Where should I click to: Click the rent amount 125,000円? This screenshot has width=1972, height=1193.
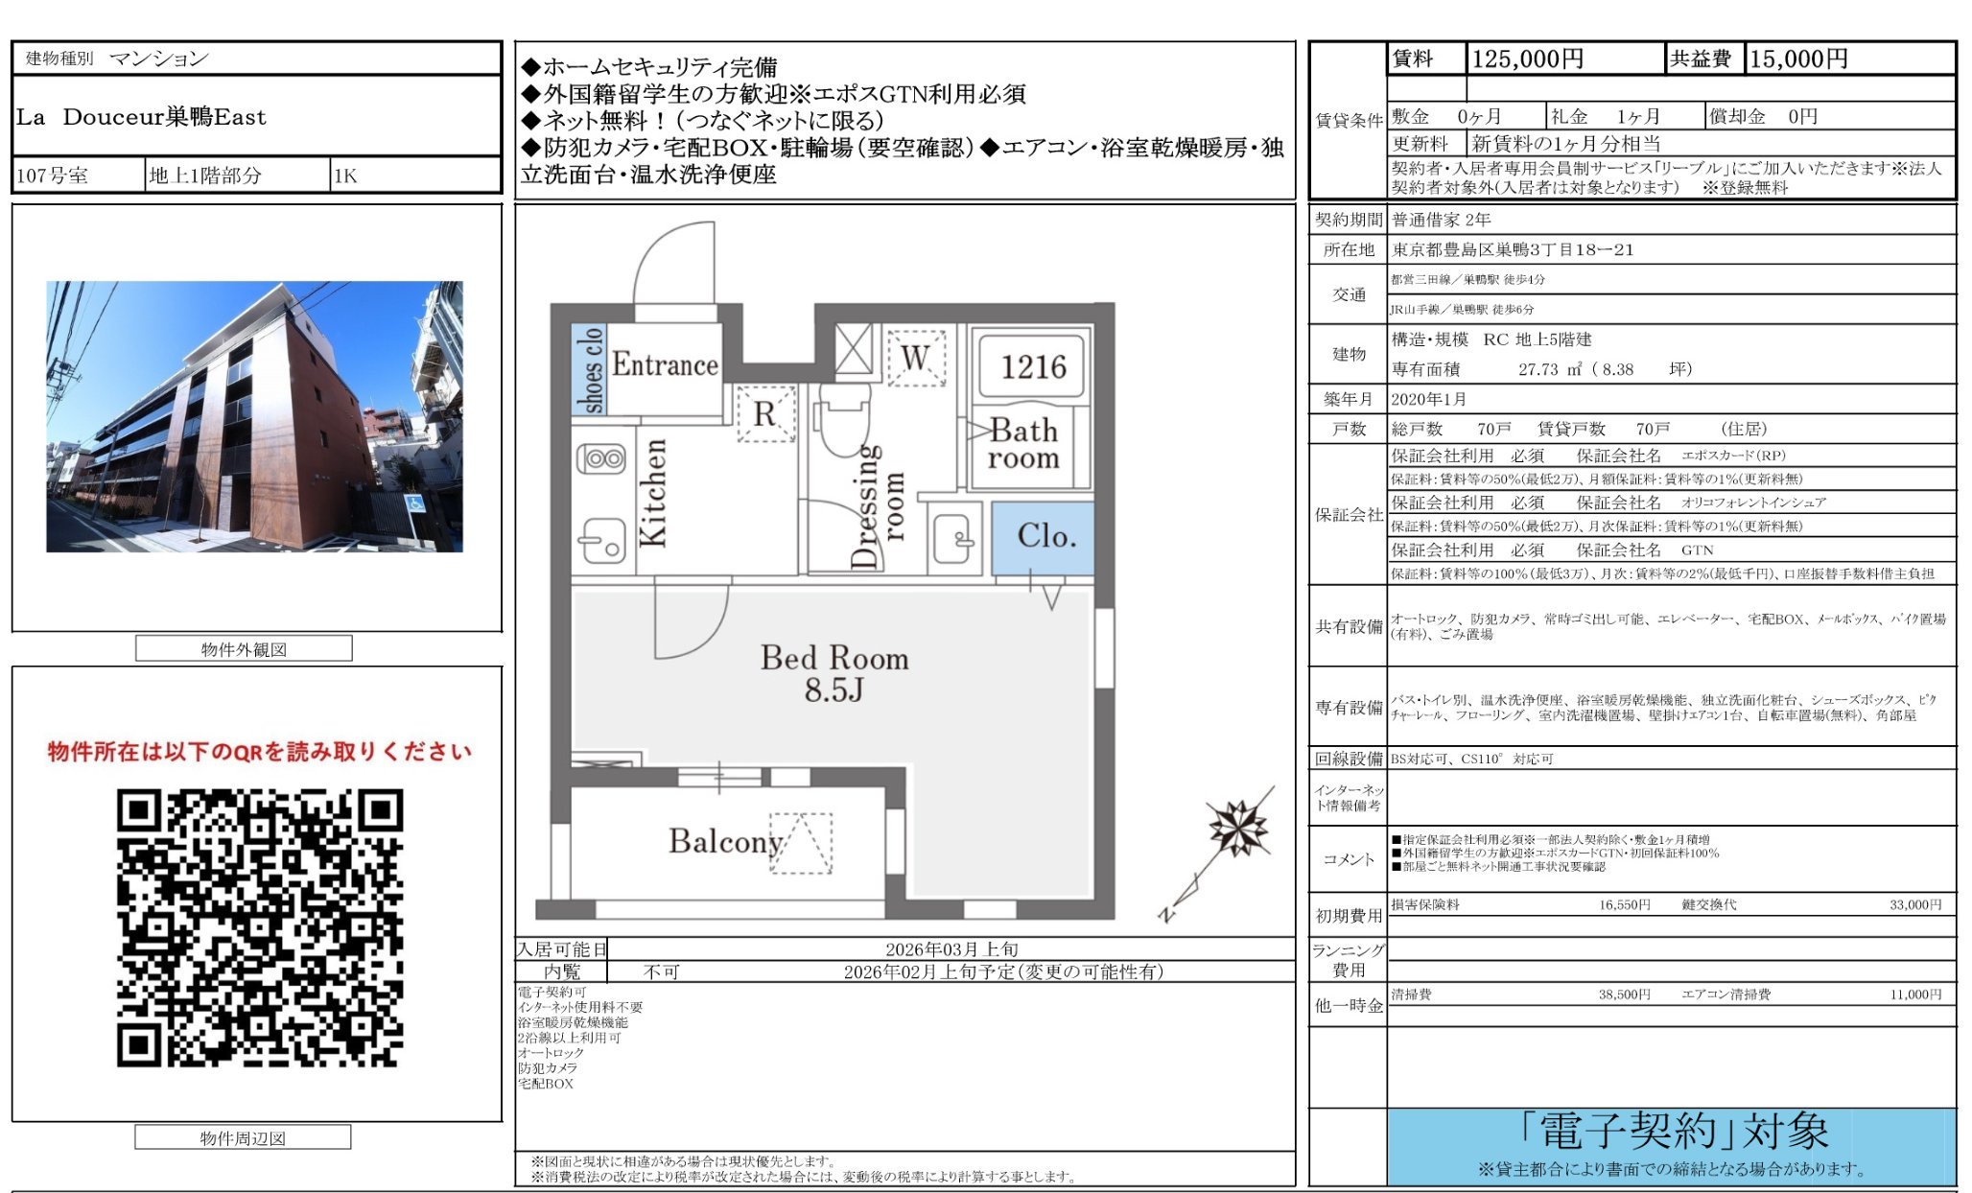(1527, 59)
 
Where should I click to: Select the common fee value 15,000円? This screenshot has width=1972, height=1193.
(1798, 59)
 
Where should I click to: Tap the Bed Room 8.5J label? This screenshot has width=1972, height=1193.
(833, 673)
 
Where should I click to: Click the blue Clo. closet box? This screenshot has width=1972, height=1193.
(1044, 536)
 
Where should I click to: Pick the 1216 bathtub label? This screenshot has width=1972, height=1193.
(1033, 366)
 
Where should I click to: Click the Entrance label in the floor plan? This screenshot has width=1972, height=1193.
(665, 364)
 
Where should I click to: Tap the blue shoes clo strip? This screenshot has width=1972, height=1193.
(589, 370)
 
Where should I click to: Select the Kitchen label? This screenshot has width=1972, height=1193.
(653, 493)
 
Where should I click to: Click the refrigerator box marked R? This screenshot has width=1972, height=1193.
(765, 414)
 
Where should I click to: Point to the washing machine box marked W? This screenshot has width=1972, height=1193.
(916, 359)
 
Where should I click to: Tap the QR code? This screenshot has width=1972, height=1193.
(260, 927)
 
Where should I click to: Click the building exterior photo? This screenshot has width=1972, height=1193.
(255, 416)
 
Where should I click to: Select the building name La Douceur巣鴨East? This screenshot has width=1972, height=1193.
(141, 117)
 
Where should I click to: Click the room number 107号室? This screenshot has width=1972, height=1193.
(53, 175)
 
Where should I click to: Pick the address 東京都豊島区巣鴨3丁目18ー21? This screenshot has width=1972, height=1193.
(1513, 249)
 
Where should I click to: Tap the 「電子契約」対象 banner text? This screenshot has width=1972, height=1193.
(1673, 1132)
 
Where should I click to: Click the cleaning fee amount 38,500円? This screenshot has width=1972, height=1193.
(1624, 994)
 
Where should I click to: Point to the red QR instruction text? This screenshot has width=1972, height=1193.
(260, 751)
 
